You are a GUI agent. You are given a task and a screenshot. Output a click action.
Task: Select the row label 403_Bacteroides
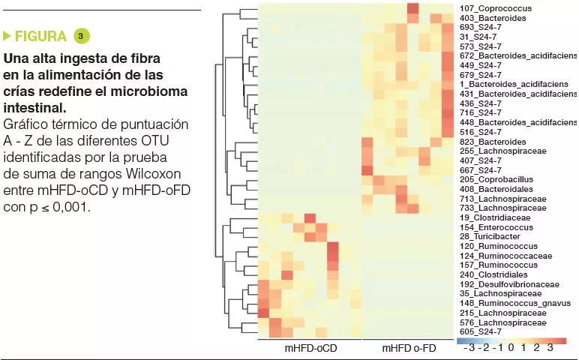[493, 17]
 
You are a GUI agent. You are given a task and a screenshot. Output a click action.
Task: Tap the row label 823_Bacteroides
[493, 142]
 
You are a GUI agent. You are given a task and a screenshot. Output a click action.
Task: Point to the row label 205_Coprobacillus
[496, 180]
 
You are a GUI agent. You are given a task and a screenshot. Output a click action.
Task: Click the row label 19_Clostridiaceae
[494, 217]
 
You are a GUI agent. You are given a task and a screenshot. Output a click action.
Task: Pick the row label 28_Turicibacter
[491, 236]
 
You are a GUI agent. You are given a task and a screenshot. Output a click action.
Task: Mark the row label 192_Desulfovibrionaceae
[509, 284]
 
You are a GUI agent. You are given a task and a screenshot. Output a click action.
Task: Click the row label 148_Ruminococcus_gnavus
[512, 303]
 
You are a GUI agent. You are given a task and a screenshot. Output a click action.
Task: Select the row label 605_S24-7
[480, 331]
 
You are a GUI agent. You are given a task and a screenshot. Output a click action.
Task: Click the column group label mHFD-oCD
[310, 349]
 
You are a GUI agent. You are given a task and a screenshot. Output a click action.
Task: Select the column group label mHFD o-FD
[409, 349]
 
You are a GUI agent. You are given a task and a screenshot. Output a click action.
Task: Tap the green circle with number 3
[81, 36]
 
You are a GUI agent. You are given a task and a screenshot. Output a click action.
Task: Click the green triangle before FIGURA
[7, 36]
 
